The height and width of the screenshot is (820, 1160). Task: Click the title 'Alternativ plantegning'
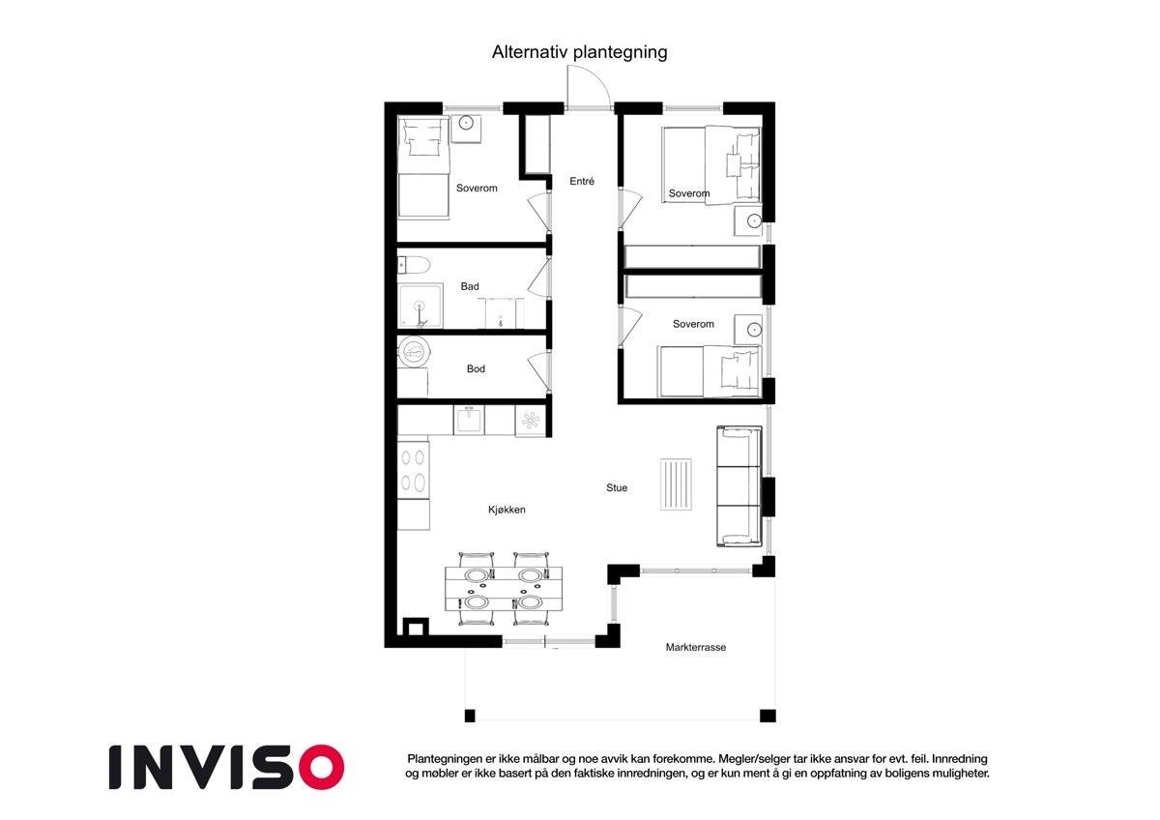click(x=579, y=52)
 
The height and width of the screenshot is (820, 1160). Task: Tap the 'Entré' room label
click(x=582, y=181)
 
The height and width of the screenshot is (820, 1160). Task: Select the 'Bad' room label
click(x=470, y=286)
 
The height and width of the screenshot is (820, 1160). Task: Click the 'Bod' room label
click(x=476, y=368)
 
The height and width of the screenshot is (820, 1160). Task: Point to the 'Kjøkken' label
click(x=507, y=510)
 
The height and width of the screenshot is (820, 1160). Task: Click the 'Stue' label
click(x=617, y=488)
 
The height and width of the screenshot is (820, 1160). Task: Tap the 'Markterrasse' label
click(x=695, y=648)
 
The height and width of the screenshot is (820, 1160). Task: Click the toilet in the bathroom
click(x=414, y=266)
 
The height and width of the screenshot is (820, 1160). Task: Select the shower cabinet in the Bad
click(x=420, y=306)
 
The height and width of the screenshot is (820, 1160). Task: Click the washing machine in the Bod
click(x=414, y=352)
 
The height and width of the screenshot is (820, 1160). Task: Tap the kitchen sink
click(x=469, y=420)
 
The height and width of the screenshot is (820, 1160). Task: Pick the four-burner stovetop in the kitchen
click(x=414, y=470)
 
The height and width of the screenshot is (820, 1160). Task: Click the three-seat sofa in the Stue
click(x=739, y=486)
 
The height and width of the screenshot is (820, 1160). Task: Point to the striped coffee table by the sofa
click(x=676, y=484)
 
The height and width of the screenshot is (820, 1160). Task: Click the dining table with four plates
click(x=504, y=589)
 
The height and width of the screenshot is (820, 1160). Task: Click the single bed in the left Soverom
click(x=423, y=167)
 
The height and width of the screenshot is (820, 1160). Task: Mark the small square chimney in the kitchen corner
click(x=416, y=628)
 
